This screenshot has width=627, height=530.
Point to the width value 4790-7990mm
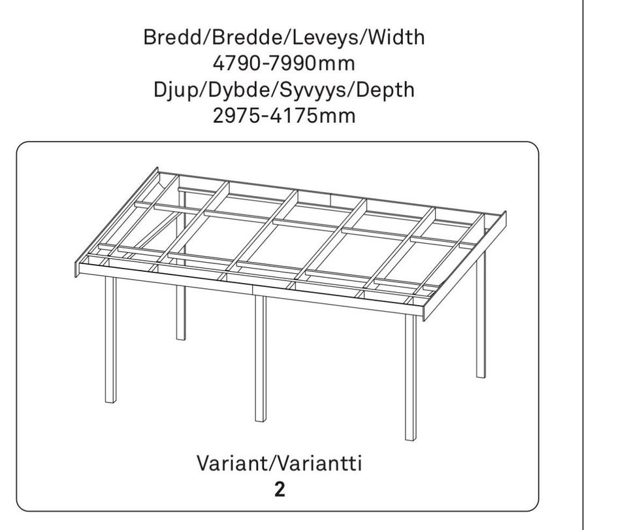click(284, 63)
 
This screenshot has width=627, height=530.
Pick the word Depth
click(385, 90)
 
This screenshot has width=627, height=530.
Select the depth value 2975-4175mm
click(284, 116)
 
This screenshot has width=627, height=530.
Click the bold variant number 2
click(280, 489)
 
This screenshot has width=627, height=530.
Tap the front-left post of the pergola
click(111, 339)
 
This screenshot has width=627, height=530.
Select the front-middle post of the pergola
click(261, 358)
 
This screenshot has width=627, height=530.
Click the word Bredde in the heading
click(248, 37)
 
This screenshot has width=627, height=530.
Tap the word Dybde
click(239, 91)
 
